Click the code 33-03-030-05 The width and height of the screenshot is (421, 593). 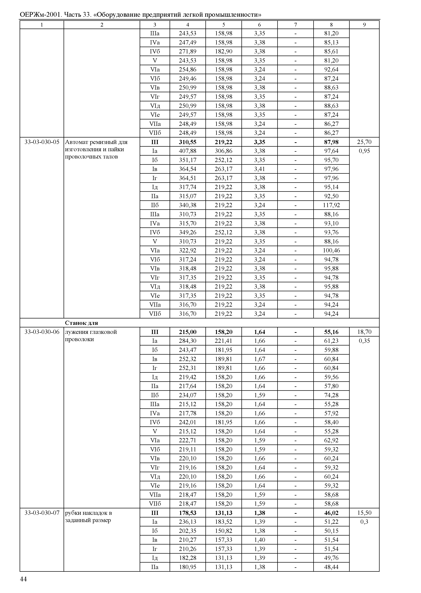click(x=42, y=142)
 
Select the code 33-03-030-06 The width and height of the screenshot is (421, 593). click(x=42, y=332)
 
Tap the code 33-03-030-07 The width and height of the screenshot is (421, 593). click(x=42, y=513)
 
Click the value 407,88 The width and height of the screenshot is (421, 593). click(x=188, y=151)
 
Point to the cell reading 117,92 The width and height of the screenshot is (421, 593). click(x=331, y=205)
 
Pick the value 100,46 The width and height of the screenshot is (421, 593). click(x=331, y=251)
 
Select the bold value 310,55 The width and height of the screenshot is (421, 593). click(x=188, y=142)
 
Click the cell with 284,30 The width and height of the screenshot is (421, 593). click(x=188, y=341)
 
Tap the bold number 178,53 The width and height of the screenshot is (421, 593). click(x=188, y=513)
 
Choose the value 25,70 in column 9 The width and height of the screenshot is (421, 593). click(x=364, y=142)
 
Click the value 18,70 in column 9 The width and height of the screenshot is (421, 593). click(x=364, y=332)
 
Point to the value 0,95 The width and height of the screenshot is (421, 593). click(x=364, y=151)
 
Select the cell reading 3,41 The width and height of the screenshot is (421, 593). click(x=260, y=169)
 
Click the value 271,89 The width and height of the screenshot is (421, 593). click(x=188, y=51)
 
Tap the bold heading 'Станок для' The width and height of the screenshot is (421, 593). click(x=81, y=323)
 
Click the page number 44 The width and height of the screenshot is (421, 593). click(x=23, y=579)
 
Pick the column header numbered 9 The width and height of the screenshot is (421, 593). click(x=364, y=25)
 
